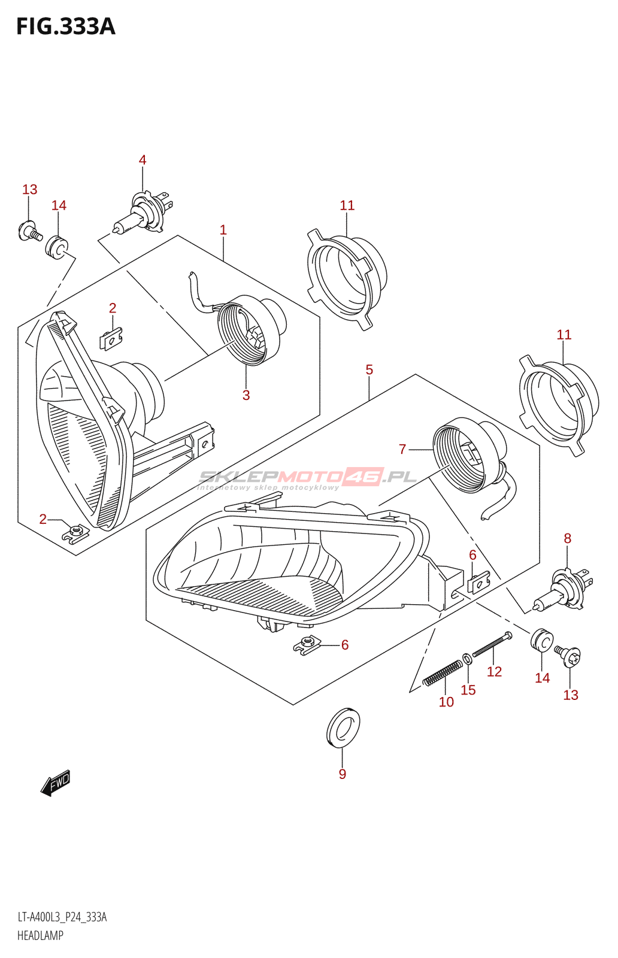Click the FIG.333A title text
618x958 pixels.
(65, 27)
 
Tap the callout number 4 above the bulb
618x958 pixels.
(143, 160)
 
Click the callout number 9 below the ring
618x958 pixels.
(343, 774)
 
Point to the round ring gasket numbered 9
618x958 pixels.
(343, 727)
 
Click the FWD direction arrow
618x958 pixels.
(56, 783)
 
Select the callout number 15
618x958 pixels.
(468, 690)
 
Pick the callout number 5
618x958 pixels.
(369, 370)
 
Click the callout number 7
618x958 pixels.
(402, 449)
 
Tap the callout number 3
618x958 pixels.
(246, 395)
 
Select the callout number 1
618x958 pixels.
(223, 230)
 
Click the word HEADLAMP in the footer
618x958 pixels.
(40, 935)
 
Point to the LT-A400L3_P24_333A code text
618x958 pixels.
(62, 917)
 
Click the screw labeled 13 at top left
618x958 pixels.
(29, 231)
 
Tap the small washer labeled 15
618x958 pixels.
(467, 657)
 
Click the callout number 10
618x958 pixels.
(447, 702)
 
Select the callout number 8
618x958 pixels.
(568, 538)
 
